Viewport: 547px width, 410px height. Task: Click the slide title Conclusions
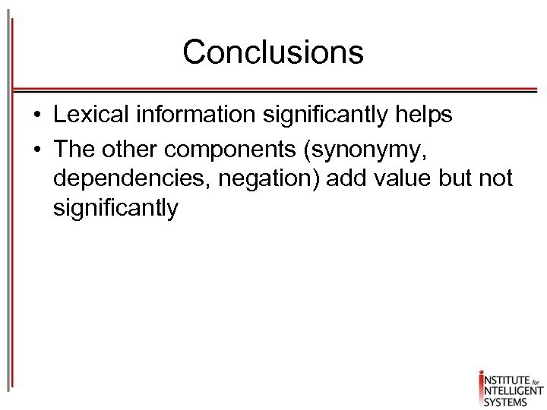click(273, 52)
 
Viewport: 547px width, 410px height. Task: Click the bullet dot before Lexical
click(36, 116)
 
